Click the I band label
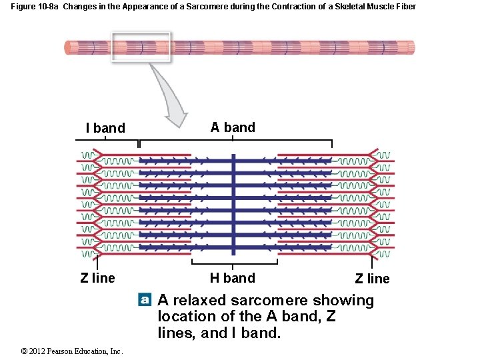point(105,128)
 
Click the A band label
point(233,127)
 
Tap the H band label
point(232,278)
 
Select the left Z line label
point(97,278)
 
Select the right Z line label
point(372,279)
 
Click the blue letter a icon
point(145,300)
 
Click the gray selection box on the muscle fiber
point(141,47)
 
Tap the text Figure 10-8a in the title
point(35,7)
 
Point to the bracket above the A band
point(235,141)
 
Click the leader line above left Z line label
point(98,262)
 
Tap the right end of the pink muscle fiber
point(411,47)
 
